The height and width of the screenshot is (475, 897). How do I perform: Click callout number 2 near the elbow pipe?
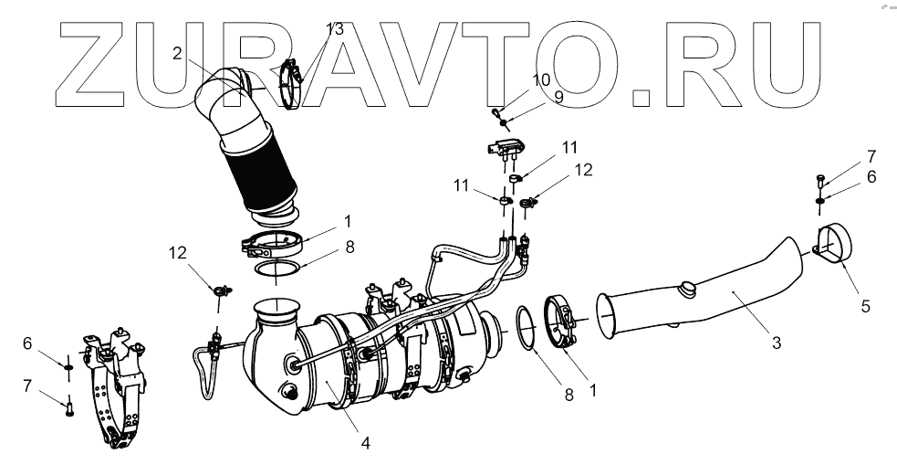pos(178,53)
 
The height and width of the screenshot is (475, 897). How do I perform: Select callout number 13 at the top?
pos(334,29)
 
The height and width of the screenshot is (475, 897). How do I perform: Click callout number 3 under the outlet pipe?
pos(776,343)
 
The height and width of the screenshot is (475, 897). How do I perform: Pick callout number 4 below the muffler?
pos(365,443)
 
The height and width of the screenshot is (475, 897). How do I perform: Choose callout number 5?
pos(864,306)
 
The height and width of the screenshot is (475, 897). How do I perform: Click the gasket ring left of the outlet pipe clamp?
pos(526,325)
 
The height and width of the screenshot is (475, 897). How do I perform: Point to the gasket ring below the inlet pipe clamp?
pos(276,271)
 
